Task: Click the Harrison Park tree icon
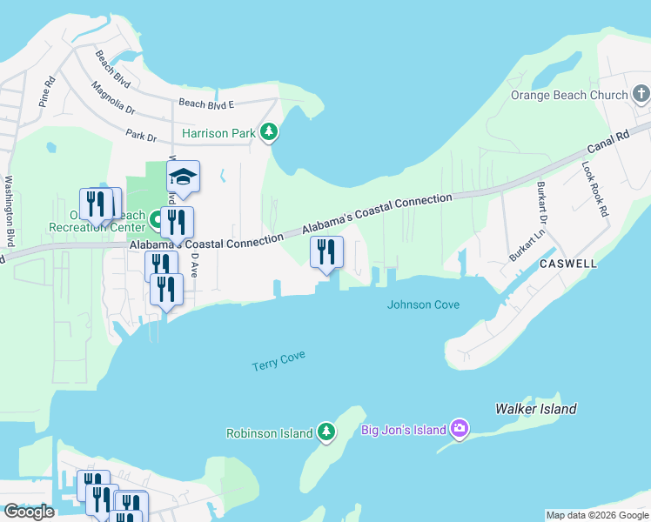point(270,132)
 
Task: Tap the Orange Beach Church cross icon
point(641,94)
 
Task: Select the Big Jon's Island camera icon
point(460,428)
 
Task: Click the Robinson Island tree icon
point(325,432)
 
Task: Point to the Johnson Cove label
point(423,304)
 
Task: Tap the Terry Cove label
point(279,361)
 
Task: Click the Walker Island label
point(535,409)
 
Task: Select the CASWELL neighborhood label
point(567,263)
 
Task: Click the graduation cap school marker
point(183,177)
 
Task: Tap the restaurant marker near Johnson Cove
point(326,252)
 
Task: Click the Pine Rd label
point(46,92)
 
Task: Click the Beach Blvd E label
point(206,104)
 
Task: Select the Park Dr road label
point(140,137)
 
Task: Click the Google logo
point(30,512)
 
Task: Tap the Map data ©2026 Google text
point(596,515)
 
